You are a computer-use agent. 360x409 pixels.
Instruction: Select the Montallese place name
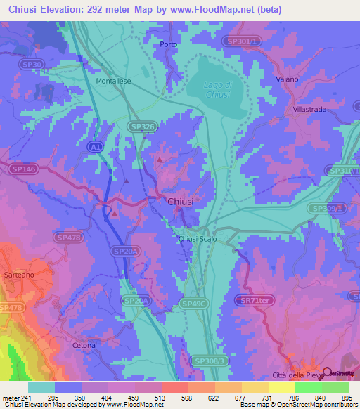click(x=113, y=81)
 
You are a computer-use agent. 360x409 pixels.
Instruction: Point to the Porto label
click(x=169, y=44)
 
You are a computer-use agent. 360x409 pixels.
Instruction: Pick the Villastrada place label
click(x=311, y=110)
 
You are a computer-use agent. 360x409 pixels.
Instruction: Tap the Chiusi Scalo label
click(x=198, y=239)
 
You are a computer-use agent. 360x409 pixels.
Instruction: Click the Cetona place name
click(x=84, y=345)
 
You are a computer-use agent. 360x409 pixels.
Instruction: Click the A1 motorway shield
click(x=95, y=145)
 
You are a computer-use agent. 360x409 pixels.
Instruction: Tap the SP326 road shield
click(x=142, y=126)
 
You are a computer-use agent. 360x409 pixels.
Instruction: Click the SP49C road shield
click(x=193, y=304)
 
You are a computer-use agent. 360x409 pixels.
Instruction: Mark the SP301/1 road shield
click(x=244, y=42)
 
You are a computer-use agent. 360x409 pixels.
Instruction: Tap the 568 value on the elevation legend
click(x=167, y=397)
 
